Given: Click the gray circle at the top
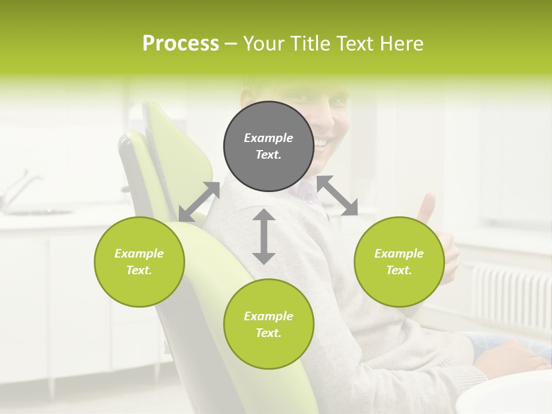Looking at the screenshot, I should (268, 146).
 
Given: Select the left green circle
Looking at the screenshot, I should (139, 262).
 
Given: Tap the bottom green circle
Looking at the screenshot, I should (268, 324).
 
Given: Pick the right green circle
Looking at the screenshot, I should (398, 262).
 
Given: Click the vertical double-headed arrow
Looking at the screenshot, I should (264, 236).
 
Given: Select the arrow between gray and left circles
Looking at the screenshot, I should (199, 201).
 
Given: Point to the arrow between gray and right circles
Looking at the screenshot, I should (337, 196).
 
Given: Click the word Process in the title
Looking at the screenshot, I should (181, 44).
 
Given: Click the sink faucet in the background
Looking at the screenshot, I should (17, 187).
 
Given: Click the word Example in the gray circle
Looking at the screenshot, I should (268, 138).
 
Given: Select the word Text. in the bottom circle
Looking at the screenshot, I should (268, 333).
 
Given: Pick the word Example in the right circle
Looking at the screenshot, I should (398, 254).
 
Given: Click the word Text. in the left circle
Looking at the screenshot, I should (139, 270).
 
